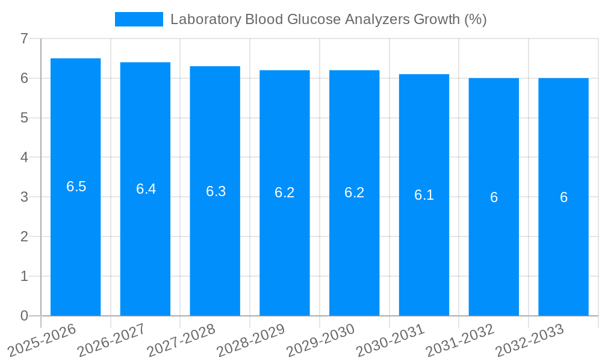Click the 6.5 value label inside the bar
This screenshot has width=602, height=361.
pyautogui.click(x=76, y=187)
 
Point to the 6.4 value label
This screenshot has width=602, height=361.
pyautogui.click(x=146, y=189)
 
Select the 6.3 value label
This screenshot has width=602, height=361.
pyautogui.click(x=216, y=191)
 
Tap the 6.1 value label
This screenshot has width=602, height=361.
pyautogui.click(x=424, y=195)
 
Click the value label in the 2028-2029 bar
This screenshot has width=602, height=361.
pyautogui.click(x=285, y=193)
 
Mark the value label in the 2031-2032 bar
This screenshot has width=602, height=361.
pyautogui.click(x=494, y=197)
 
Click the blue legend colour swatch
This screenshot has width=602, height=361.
pyautogui.click(x=139, y=19)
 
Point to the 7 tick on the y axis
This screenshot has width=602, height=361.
pyautogui.click(x=24, y=39)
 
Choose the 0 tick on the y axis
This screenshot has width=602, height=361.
pyautogui.click(x=24, y=316)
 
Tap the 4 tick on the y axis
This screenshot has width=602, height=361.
pyautogui.click(x=24, y=158)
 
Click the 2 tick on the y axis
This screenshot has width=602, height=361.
pyautogui.click(x=24, y=236)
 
